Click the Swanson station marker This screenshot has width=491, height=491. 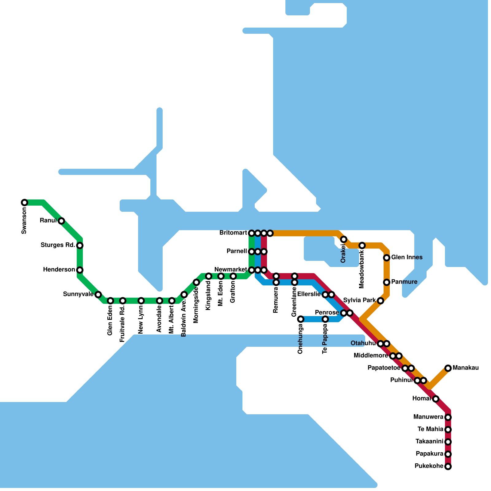pyautogui.click(x=25, y=203)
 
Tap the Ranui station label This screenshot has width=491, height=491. pyautogui.click(x=48, y=221)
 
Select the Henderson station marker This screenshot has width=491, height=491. pyautogui.click(x=80, y=270)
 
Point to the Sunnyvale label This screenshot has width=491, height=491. pyautogui.click(x=78, y=294)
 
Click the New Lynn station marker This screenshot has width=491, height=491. pyautogui.click(x=141, y=301)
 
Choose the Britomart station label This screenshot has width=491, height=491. pyautogui.click(x=233, y=233)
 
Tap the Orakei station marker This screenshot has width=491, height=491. pyautogui.click(x=344, y=239)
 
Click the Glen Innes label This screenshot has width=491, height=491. pyautogui.click(x=407, y=257)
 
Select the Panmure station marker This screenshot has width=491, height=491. pyautogui.click(x=387, y=282)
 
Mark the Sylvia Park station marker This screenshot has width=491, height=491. pyautogui.click(x=381, y=301)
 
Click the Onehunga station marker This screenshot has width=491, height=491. pyautogui.click(x=301, y=319)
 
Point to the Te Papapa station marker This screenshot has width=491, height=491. pyautogui.click(x=325, y=319)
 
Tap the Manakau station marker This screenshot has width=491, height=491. pyautogui.click(x=448, y=368)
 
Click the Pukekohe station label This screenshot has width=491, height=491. pyautogui.click(x=429, y=466)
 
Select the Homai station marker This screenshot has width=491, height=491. pyautogui.click(x=436, y=399)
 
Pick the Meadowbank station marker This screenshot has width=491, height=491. pyautogui.click(x=362, y=245)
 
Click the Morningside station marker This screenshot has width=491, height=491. pyautogui.click(x=196, y=282)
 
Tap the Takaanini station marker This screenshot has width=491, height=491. pyautogui.click(x=448, y=442)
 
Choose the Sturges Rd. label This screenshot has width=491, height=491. pyautogui.click(x=58, y=245)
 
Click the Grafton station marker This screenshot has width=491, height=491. pyautogui.click(x=233, y=276)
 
